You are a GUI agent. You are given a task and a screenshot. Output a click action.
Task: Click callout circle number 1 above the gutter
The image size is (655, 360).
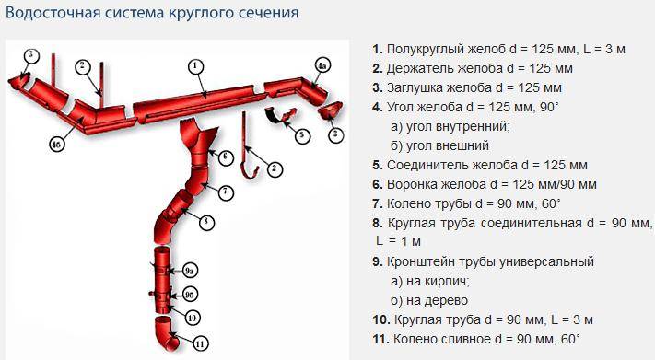coord(195,67)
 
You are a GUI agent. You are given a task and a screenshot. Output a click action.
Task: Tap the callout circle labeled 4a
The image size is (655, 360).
coord(322,65)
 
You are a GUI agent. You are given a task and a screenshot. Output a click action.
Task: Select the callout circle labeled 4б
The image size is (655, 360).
coord(57,145)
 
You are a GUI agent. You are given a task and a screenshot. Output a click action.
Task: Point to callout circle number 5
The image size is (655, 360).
coord(301,135)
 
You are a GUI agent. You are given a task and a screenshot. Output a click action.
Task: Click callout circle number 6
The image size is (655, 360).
coord(226,157)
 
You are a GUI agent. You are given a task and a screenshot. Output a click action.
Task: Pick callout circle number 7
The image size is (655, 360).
coord(226,192)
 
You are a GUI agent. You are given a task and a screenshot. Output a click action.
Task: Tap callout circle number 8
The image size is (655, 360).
coord(205,222)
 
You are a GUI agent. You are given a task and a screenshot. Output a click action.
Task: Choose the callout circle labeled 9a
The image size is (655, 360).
coord(190,271)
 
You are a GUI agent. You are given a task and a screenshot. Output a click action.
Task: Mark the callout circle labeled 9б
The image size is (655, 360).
coord(189,295)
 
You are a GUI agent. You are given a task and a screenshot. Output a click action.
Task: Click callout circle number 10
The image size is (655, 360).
coord(192,319)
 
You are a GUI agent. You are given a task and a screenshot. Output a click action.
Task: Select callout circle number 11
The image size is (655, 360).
coord(200,344)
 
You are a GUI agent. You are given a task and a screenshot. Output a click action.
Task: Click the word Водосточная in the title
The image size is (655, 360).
coord(53,13)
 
